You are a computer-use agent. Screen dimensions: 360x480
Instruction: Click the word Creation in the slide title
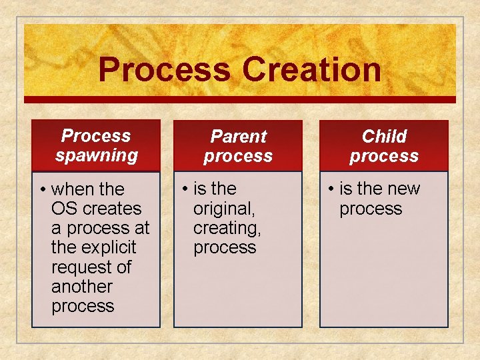[311, 70]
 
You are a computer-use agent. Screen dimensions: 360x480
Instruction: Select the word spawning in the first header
[97, 156]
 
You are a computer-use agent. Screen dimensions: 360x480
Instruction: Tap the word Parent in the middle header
[238, 137]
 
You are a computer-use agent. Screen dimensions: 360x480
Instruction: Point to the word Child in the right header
[384, 137]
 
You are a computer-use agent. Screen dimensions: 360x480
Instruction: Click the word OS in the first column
[63, 209]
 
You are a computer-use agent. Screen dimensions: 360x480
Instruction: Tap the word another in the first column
[82, 287]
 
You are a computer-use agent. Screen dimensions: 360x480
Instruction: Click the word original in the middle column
[223, 209]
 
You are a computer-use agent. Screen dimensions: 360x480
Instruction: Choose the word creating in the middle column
[227, 228]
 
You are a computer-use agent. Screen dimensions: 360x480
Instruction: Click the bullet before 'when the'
[42, 190]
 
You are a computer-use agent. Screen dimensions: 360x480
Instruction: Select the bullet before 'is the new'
[330, 189]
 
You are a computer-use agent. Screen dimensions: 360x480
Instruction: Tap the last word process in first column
[83, 306]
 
